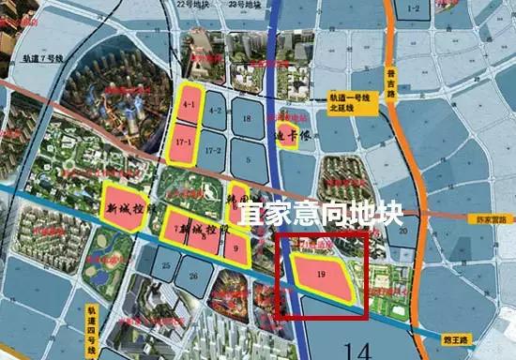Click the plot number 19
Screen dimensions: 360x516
click(321, 276)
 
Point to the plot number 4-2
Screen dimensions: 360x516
click(215, 111)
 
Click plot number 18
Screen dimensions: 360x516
click(247, 119)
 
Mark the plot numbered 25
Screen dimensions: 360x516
click(165, 267)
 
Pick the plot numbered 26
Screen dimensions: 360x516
click(193, 276)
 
